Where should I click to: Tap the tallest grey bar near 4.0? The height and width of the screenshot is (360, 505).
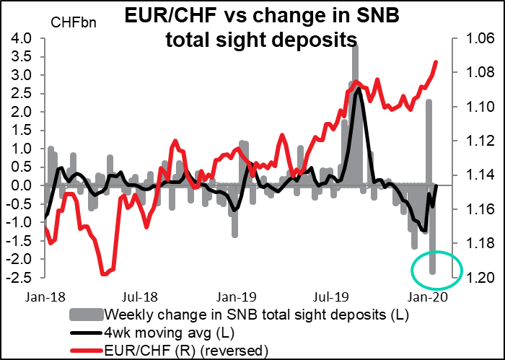[354, 108]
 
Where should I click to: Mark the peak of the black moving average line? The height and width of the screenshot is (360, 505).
[359, 89]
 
